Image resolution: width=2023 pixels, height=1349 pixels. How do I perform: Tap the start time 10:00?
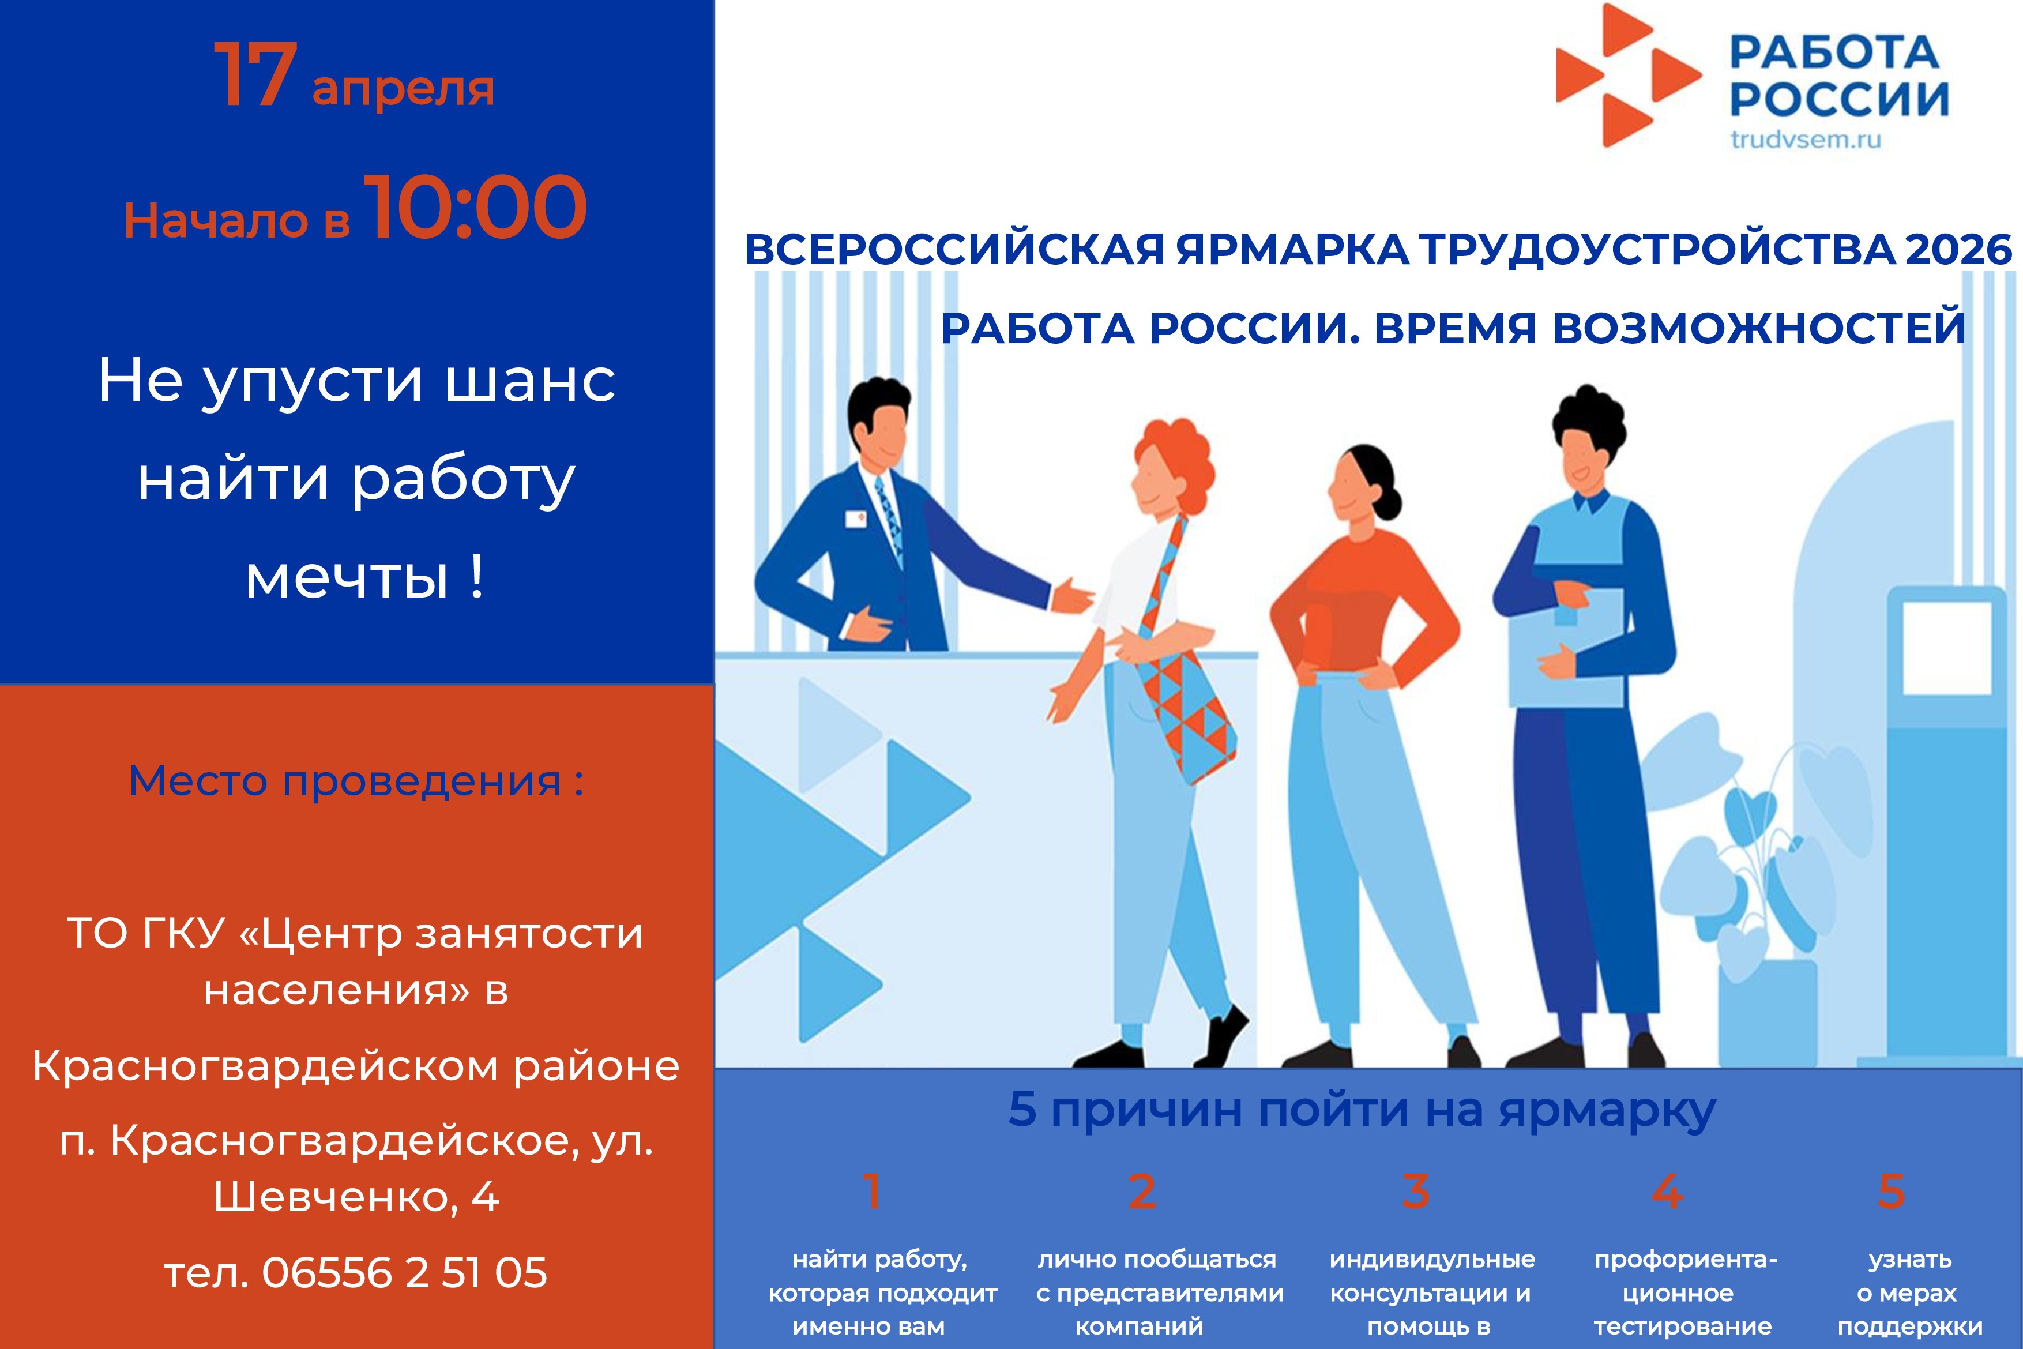(478, 208)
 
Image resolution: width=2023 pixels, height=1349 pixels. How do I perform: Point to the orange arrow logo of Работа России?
(1627, 75)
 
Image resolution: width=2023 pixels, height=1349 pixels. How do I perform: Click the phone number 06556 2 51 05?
(404, 1272)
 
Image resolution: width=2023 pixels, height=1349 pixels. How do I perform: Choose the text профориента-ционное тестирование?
(1683, 1293)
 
